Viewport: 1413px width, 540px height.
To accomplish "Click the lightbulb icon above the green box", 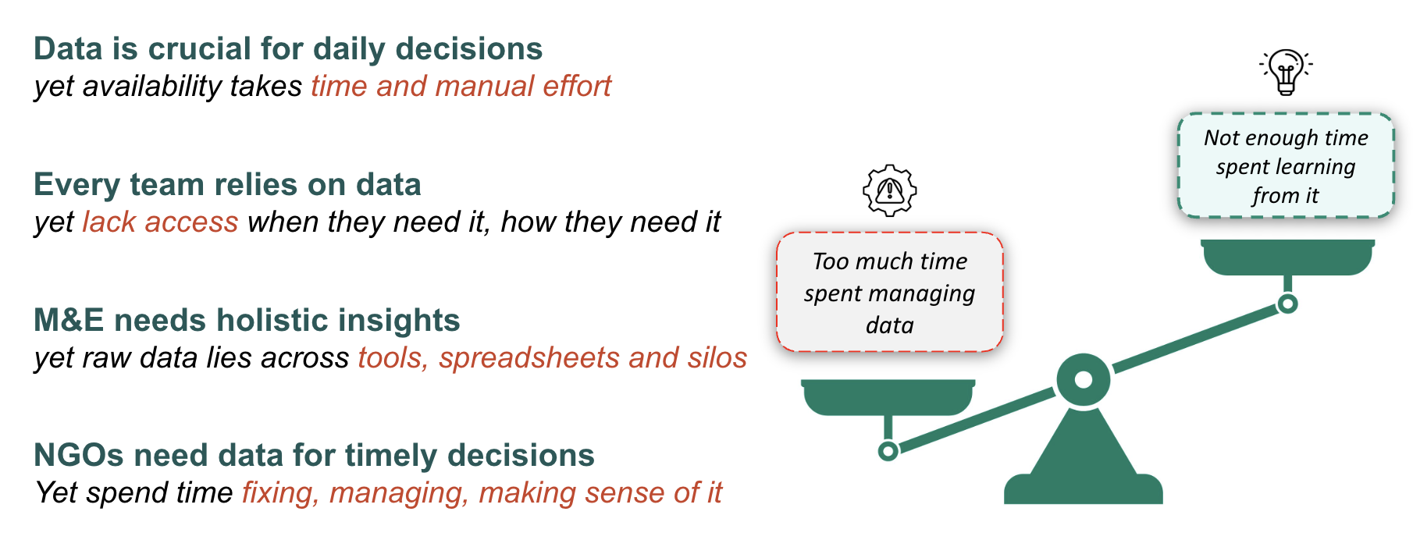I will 1286,71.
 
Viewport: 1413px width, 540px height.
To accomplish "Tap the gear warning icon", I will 889,190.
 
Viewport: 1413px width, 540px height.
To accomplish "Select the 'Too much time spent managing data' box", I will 889,293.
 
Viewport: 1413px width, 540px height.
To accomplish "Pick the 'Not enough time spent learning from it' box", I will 1285,166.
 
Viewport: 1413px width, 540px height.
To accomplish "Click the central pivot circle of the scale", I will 1083,380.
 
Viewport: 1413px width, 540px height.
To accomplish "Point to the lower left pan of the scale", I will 888,396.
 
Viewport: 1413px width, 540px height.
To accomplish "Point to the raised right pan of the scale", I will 1287,256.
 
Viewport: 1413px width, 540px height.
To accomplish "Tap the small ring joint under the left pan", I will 888,451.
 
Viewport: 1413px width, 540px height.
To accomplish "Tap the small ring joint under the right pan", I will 1287,304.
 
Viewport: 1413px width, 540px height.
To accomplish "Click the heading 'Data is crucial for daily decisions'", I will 287,49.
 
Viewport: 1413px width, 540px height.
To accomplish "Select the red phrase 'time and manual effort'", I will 461,87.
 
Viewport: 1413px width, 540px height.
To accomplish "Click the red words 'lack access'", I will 160,222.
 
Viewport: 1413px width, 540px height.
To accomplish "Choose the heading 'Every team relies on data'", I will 227,185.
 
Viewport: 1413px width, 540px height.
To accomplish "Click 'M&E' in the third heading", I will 69,321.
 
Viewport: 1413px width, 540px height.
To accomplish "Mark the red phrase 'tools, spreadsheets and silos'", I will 552,358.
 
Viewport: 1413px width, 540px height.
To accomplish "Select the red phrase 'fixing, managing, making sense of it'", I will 482,493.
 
